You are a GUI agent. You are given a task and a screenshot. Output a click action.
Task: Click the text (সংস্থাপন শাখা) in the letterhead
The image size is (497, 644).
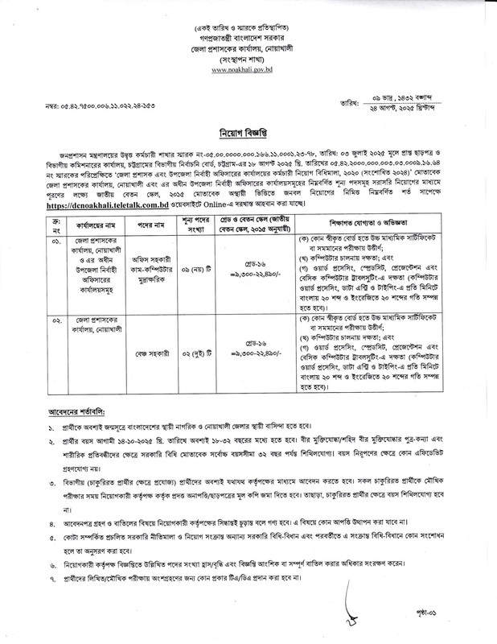coord(249,59)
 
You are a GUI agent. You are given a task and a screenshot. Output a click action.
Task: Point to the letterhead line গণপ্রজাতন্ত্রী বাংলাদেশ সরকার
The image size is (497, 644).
coord(249,36)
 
